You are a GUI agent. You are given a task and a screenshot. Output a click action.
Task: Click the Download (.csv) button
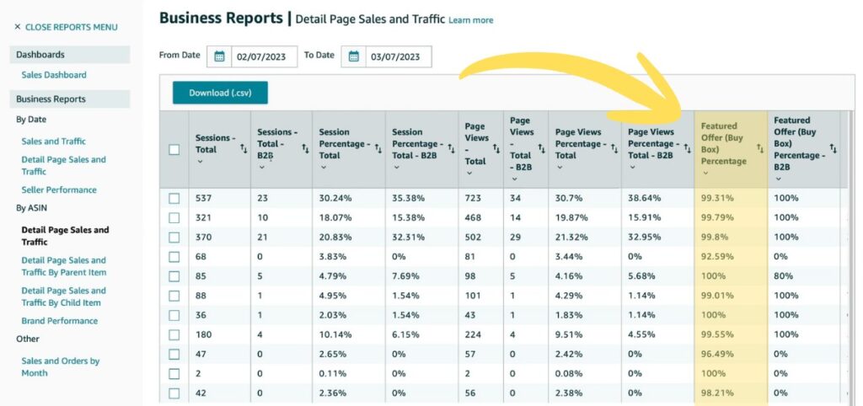coord(220,93)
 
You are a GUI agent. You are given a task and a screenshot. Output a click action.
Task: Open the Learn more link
coord(471,20)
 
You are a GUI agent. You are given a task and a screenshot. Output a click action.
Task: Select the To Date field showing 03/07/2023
coord(398,56)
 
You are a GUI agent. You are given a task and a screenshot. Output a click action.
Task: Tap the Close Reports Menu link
coord(66,27)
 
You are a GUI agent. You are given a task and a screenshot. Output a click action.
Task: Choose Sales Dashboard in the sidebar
coord(54,75)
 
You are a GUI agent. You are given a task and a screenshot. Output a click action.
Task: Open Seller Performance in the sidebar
coord(59,190)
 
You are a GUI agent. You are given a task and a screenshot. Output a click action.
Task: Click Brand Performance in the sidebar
coord(60,321)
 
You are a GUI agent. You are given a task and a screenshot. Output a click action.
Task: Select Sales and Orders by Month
coord(61,367)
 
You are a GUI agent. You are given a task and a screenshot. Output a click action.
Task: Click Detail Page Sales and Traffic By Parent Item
coord(64,266)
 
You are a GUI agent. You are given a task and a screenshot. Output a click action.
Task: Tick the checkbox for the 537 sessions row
coord(174,199)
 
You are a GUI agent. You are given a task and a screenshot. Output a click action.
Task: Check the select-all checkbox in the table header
coord(174,150)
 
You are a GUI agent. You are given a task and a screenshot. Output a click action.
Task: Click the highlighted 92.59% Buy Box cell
coord(718,257)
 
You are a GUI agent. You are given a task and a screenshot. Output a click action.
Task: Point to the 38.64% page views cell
coord(644,199)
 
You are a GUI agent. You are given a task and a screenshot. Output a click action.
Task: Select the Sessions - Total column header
coord(216,144)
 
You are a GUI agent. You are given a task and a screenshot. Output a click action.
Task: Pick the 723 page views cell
coord(475,199)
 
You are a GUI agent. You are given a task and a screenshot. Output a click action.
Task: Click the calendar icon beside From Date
coord(219,56)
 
